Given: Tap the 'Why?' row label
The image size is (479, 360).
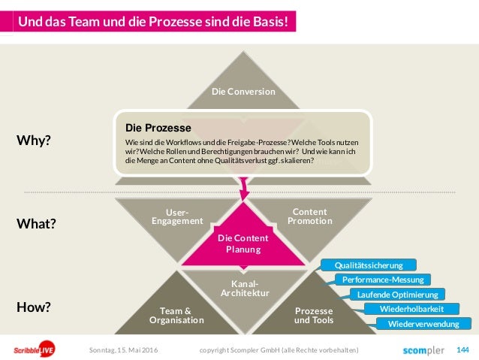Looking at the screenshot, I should (34, 140).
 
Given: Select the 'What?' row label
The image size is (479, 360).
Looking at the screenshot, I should (37, 224).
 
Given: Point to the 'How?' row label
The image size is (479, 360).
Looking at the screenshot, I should (34, 307).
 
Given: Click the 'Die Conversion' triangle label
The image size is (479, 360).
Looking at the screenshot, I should (243, 92).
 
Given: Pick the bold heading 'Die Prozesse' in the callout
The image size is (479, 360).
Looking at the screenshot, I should (158, 128).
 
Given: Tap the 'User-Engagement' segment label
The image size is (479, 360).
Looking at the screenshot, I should (177, 216).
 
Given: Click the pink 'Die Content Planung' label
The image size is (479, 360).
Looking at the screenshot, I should (243, 244).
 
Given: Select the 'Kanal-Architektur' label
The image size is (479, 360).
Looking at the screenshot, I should (243, 287).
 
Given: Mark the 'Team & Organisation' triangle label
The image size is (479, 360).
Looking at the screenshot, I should (176, 315).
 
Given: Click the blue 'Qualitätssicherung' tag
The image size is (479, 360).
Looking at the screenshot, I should (369, 265).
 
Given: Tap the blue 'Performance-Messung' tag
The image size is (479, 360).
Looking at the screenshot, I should (383, 280).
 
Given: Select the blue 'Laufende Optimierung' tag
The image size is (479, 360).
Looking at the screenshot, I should (398, 294).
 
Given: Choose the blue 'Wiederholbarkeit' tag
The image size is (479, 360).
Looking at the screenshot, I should (411, 309).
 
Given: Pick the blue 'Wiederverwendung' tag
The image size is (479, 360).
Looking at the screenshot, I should (423, 324).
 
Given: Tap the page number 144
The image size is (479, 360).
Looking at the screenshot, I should (462, 349).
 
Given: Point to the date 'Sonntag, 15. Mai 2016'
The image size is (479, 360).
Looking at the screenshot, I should (123, 349).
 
